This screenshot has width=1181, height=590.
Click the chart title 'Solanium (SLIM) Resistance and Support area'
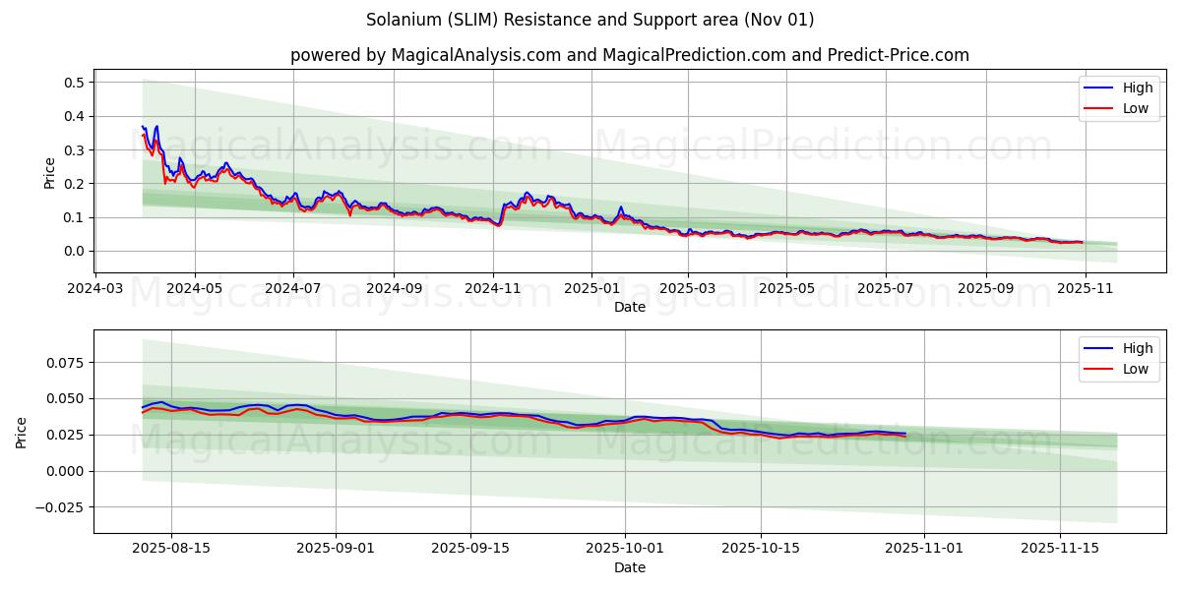click(590, 20)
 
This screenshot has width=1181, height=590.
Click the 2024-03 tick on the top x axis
click(94, 289)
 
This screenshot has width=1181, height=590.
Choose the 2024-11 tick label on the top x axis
click(492, 289)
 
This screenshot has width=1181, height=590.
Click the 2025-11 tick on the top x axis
click(1086, 289)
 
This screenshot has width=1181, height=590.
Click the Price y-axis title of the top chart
click(50, 173)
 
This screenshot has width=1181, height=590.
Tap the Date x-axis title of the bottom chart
click(629, 567)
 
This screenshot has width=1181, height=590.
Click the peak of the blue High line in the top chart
click(156, 126)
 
